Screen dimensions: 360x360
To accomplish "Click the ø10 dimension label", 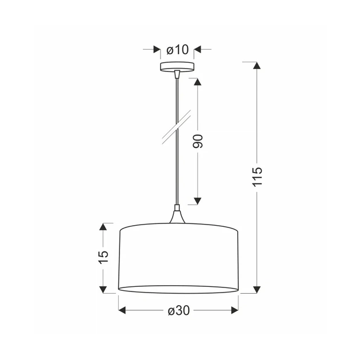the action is [178, 50].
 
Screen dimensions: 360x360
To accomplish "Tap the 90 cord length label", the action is [198, 141].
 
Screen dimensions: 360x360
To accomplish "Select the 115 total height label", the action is [257, 177].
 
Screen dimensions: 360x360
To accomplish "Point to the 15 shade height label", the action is [103, 257].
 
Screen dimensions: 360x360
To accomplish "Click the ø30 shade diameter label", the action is [179, 311].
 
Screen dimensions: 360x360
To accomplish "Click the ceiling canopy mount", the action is [177, 67].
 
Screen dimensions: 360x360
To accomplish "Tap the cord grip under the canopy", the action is [177, 74].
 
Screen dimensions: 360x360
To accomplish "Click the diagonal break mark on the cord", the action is [177, 127].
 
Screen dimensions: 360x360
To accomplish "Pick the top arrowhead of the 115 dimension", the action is [257, 66].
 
